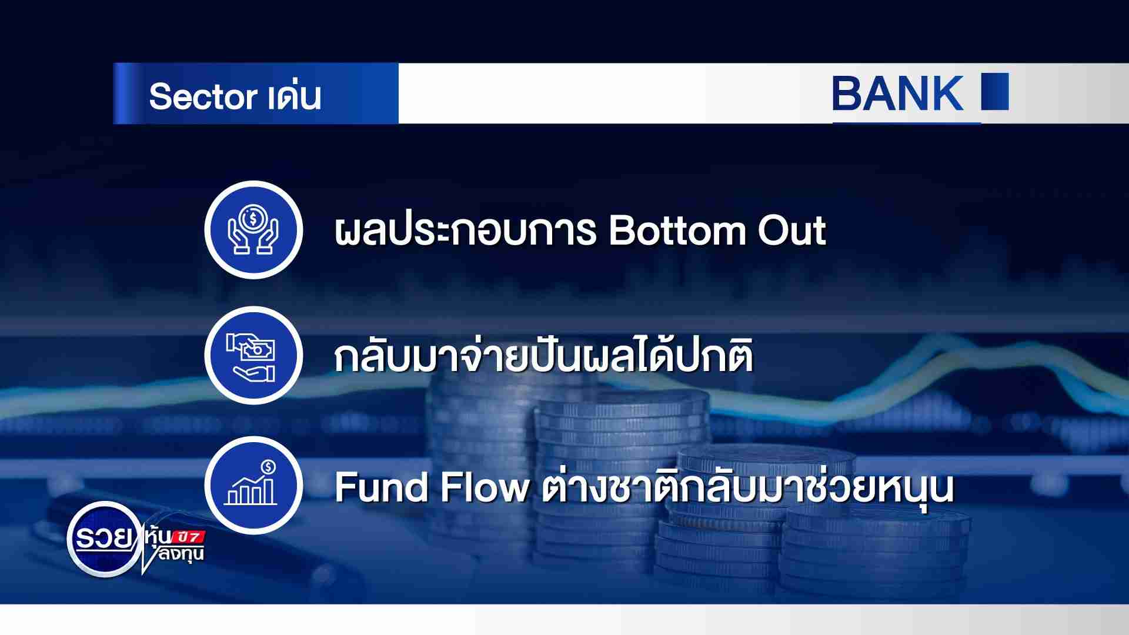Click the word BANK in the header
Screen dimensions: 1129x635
click(x=898, y=93)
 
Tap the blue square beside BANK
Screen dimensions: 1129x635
click(x=995, y=91)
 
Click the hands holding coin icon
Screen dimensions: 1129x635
click(x=253, y=229)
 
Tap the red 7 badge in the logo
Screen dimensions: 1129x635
click(x=191, y=537)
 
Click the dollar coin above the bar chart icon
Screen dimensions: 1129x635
click(x=268, y=467)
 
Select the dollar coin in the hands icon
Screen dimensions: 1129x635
click(x=253, y=219)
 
